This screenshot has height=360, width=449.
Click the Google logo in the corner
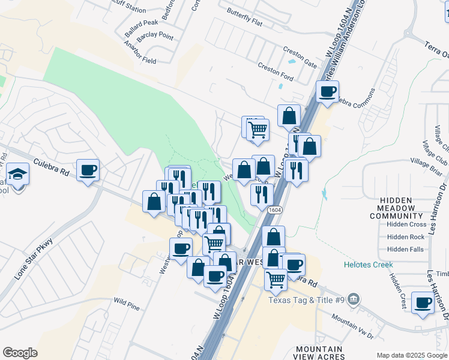point(20,353)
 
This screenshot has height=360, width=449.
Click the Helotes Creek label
point(368,265)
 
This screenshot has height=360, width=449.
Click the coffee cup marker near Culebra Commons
point(328,92)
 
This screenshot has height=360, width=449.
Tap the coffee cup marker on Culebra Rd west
point(88,170)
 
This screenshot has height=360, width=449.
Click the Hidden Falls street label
point(405,249)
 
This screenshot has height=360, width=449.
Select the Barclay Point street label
point(155,37)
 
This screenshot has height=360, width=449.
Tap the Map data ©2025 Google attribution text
point(412,355)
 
